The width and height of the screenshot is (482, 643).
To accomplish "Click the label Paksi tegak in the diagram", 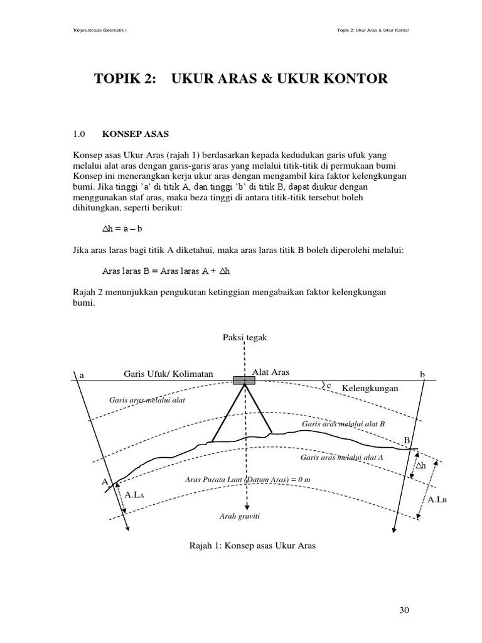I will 245,337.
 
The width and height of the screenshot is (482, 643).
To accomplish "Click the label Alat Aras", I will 270,372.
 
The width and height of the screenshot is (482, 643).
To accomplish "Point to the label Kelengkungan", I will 370,389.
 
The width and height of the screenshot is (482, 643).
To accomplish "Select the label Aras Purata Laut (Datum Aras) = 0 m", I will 249,479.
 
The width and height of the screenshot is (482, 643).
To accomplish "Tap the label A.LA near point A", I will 136,495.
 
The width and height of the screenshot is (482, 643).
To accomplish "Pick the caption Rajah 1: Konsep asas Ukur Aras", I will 252,546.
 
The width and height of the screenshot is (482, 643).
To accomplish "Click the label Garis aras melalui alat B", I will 343,424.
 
